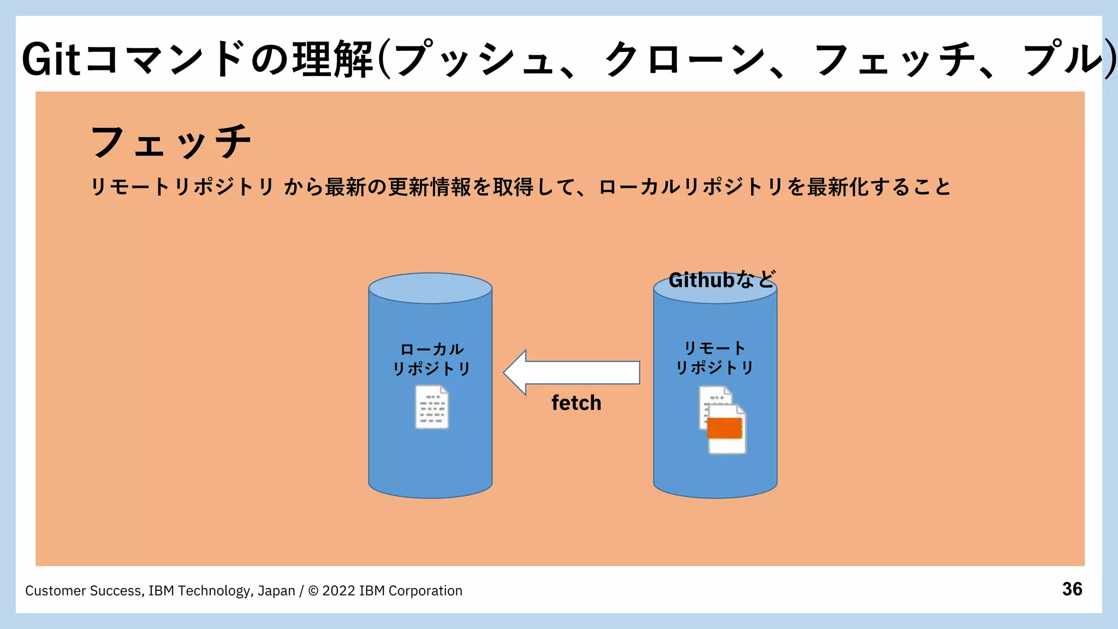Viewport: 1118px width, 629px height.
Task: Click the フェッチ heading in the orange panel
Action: tap(171, 142)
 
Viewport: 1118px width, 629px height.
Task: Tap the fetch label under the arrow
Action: tap(576, 403)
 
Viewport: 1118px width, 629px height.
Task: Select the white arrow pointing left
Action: tap(571, 372)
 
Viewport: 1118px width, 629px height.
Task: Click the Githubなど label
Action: tap(721, 280)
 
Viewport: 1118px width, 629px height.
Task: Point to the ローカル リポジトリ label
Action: tap(431, 359)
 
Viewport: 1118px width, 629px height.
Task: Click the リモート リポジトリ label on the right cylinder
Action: tap(715, 358)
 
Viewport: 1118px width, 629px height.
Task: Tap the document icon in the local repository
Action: tap(432, 407)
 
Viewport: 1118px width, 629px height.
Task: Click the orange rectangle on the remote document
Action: tap(724, 428)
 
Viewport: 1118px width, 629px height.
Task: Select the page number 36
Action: tap(1072, 589)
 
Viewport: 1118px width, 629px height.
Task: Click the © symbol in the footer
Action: tap(313, 591)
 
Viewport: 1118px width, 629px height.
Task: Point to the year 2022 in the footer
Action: tap(338, 591)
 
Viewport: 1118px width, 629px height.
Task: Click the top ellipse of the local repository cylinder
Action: tap(430, 288)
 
